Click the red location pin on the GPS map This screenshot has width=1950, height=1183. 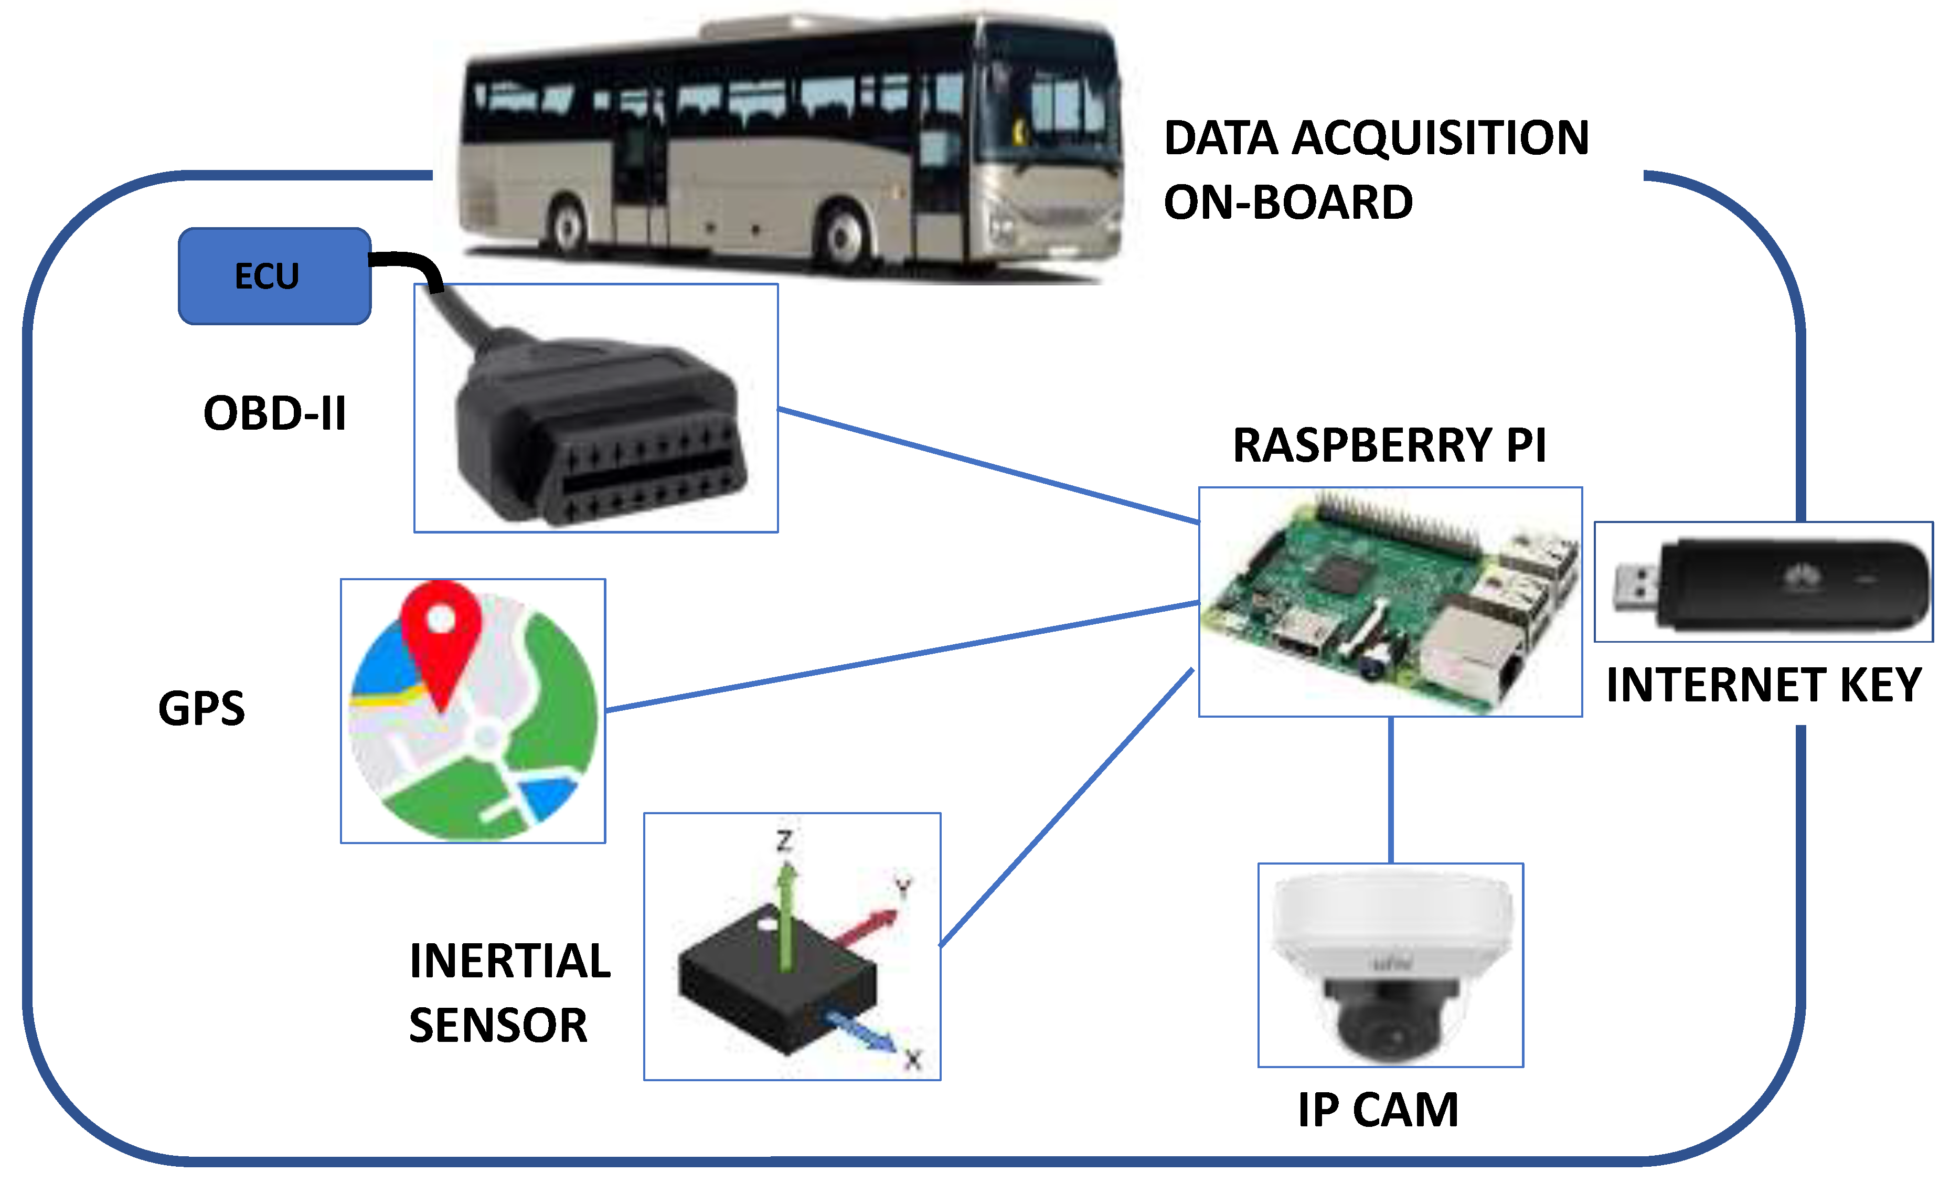(x=441, y=633)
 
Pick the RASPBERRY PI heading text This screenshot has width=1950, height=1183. (x=1389, y=445)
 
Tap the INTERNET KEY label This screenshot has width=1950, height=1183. (x=1763, y=685)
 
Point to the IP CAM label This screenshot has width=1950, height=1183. (x=1378, y=1110)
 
